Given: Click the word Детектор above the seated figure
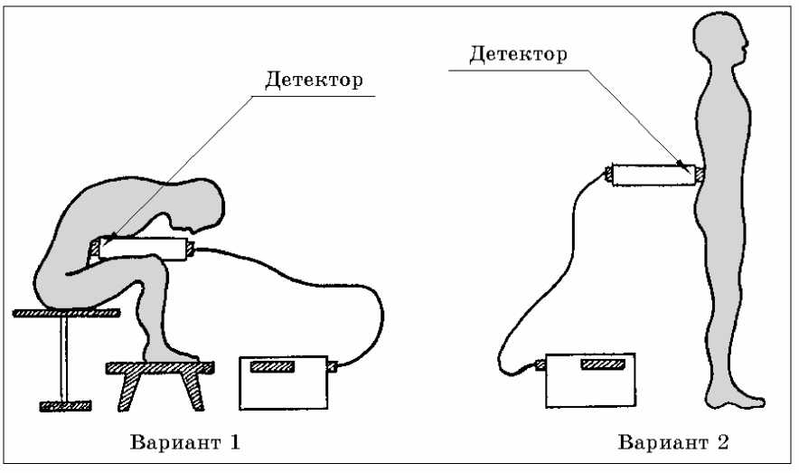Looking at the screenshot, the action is (x=314, y=80).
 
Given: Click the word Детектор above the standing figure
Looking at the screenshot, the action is (x=518, y=54).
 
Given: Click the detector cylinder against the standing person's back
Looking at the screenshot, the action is (x=652, y=173).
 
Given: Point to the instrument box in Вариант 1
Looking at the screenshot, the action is (x=282, y=383).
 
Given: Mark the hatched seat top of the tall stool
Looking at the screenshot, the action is (x=67, y=313).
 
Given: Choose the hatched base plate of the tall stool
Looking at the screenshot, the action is (x=65, y=405).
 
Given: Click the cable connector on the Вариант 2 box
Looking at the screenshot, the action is (x=540, y=365).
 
